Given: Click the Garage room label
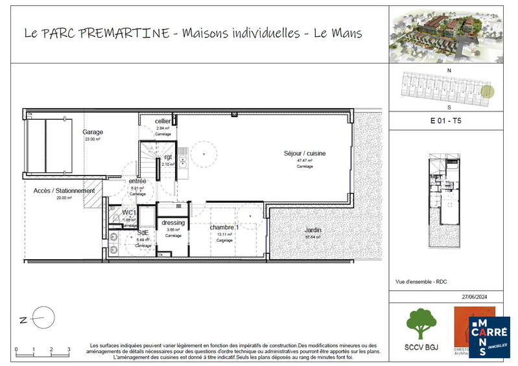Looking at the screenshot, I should click(x=93, y=132).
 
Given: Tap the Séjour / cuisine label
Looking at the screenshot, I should click(x=305, y=154).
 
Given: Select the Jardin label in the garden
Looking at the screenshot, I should click(x=314, y=230).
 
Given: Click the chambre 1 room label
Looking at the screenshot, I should click(x=224, y=227).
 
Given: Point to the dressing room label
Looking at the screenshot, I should click(x=173, y=223).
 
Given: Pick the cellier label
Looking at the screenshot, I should click(x=163, y=122).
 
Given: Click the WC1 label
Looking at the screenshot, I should click(x=130, y=212).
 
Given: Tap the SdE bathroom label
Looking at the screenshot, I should click(x=143, y=233).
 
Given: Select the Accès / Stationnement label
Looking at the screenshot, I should click(x=64, y=191).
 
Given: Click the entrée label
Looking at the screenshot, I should click(x=137, y=181).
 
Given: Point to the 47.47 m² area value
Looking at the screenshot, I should click(x=305, y=160).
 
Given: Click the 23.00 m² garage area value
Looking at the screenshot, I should click(x=92, y=139).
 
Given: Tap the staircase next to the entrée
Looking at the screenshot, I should click(x=149, y=158).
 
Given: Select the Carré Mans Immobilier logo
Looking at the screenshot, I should click(x=489, y=337).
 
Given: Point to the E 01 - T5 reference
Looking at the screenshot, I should click(x=446, y=120).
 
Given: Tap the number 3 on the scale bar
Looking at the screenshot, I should click(x=69, y=350).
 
